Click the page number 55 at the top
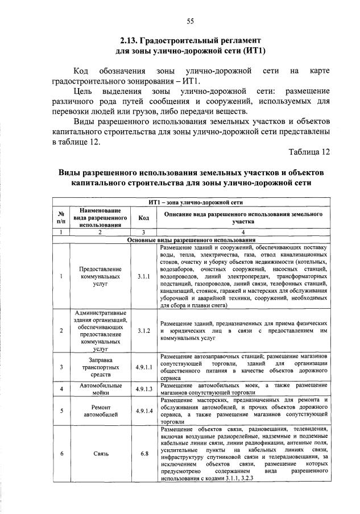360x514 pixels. click(x=191, y=21)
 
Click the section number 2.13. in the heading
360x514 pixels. click(x=132, y=41)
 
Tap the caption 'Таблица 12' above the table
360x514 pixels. click(x=309, y=152)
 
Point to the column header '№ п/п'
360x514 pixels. click(x=61, y=217)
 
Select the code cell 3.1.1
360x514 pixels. click(x=143, y=276)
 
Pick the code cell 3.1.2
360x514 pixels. click(x=143, y=330)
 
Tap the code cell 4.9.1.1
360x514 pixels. click(x=143, y=367)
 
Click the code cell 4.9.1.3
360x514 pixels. click(x=143, y=389)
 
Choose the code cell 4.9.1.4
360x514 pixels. click(x=143, y=411)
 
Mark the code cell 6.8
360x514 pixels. click(x=143, y=453)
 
